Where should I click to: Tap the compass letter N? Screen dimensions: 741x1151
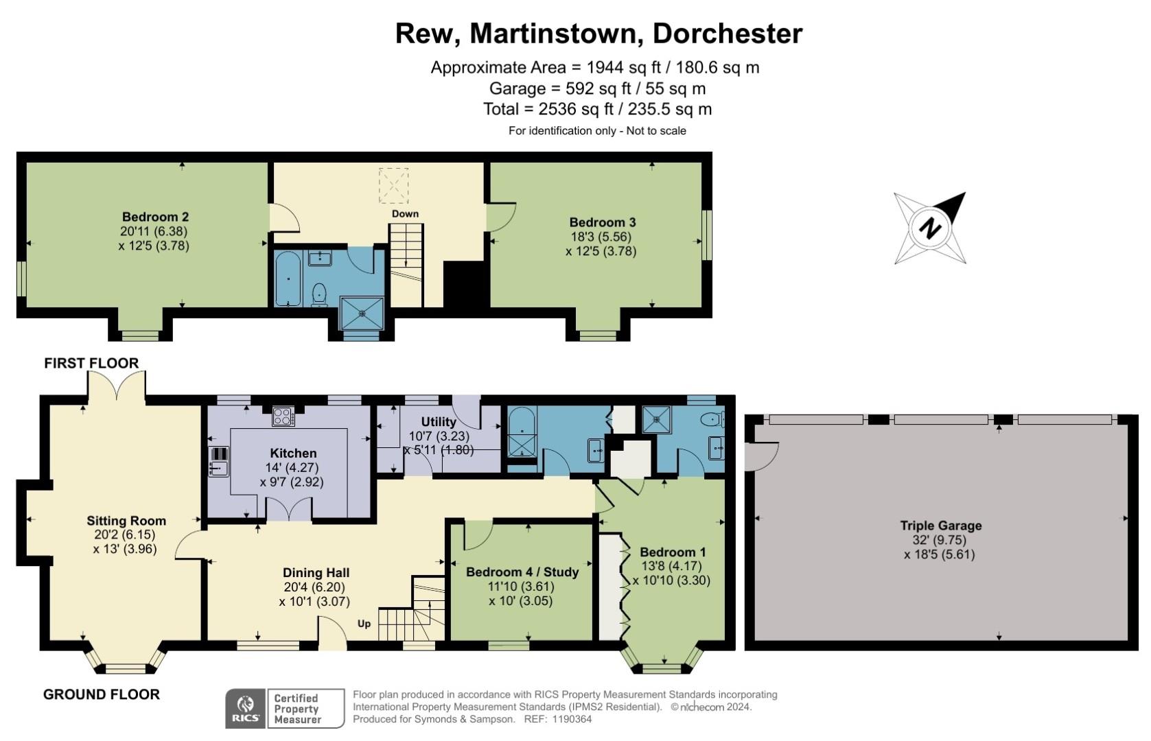tap(930, 228)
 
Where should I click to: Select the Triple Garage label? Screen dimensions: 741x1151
tap(940, 526)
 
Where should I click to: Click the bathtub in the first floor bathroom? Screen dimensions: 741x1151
tap(288, 279)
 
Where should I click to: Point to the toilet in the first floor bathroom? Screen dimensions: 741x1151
tap(319, 295)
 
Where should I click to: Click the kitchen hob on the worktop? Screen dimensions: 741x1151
tap(283, 416)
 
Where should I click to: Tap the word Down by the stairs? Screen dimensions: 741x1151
tap(405, 213)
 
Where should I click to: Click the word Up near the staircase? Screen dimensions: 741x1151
tap(364, 624)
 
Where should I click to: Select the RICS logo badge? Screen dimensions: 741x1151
tap(245, 709)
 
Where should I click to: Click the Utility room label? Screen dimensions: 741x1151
tap(438, 421)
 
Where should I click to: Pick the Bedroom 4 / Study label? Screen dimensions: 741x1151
tap(522, 572)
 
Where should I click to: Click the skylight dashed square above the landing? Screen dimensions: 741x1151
tap(393, 185)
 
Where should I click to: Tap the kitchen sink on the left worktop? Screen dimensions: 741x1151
tap(218, 469)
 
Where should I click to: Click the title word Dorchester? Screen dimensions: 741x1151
tap(727, 34)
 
